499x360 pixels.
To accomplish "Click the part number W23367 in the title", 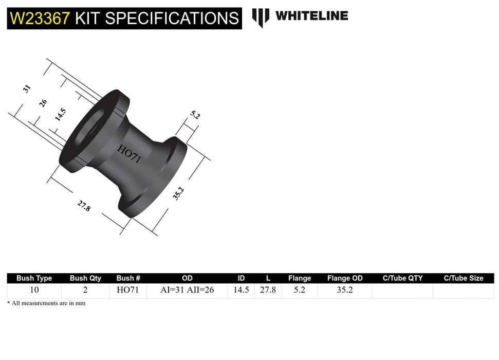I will pyautogui.click(x=40, y=19).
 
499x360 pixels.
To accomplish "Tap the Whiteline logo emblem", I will pyautogui.click(x=261, y=17).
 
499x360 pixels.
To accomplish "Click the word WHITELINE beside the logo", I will pyautogui.click(x=311, y=16).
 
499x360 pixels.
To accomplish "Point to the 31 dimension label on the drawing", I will pyautogui.click(x=27, y=88).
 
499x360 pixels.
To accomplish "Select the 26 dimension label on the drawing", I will pyautogui.click(x=44, y=102).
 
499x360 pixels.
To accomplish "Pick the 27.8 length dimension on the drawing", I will pyautogui.click(x=84, y=206).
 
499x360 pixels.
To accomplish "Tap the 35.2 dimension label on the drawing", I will pyautogui.click(x=178, y=193).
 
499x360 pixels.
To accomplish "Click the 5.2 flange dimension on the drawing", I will pyautogui.click(x=195, y=116).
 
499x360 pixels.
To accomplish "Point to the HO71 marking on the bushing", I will pyautogui.click(x=129, y=154).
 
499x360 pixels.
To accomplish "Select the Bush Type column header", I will pyautogui.click(x=34, y=278).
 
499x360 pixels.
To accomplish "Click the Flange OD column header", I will pyautogui.click(x=345, y=278).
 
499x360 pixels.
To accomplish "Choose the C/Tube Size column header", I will pyautogui.click(x=464, y=278).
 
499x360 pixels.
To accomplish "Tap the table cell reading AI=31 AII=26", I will pyautogui.click(x=187, y=290).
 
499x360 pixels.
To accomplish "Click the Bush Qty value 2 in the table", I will pyautogui.click(x=85, y=290).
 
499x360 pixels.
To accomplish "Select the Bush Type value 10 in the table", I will pyautogui.click(x=34, y=290).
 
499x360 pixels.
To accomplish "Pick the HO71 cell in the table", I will pyautogui.click(x=128, y=290).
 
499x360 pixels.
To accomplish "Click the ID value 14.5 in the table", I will pyautogui.click(x=241, y=290).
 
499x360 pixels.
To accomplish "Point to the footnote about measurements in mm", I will pyautogui.click(x=46, y=303).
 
